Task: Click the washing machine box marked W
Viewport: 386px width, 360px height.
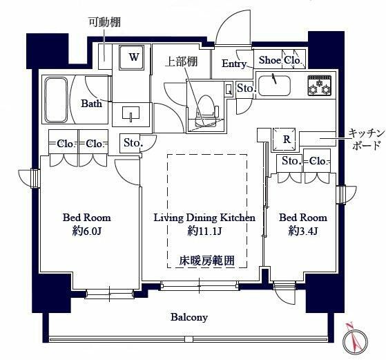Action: tap(134, 58)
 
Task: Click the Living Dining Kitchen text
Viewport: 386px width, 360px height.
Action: tap(204, 217)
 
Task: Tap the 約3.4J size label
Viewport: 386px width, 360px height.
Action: tap(302, 231)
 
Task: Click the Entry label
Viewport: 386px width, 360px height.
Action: tap(235, 64)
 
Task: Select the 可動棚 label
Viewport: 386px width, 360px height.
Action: tap(104, 21)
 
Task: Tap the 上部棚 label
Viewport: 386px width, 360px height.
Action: tap(182, 61)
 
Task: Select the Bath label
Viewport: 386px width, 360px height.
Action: tap(91, 104)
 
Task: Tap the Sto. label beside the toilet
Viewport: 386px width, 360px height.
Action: tap(245, 88)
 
